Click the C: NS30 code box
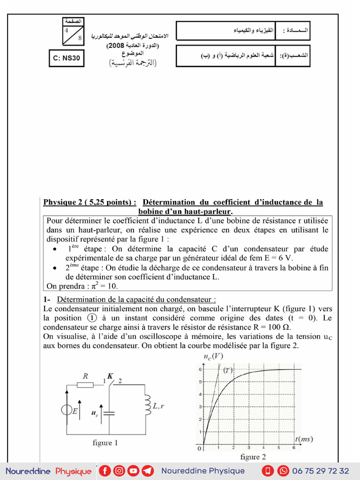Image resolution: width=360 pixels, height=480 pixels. tap(67, 59)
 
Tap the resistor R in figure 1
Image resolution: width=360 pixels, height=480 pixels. tap(85, 385)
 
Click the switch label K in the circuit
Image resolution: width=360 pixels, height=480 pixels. tap(110, 376)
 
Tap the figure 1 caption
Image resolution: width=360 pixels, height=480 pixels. tap(102, 442)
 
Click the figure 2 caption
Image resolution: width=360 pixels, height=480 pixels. tap(253, 457)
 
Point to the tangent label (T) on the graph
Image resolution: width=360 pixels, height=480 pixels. tap(228, 370)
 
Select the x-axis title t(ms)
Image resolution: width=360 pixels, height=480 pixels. tap(304, 439)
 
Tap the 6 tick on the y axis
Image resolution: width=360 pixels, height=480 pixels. tap(200, 369)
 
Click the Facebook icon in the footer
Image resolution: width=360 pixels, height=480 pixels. tap(105, 471)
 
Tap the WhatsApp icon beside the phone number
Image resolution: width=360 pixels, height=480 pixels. tap(283, 471)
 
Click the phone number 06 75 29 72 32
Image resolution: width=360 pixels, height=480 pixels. tap(321, 471)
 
